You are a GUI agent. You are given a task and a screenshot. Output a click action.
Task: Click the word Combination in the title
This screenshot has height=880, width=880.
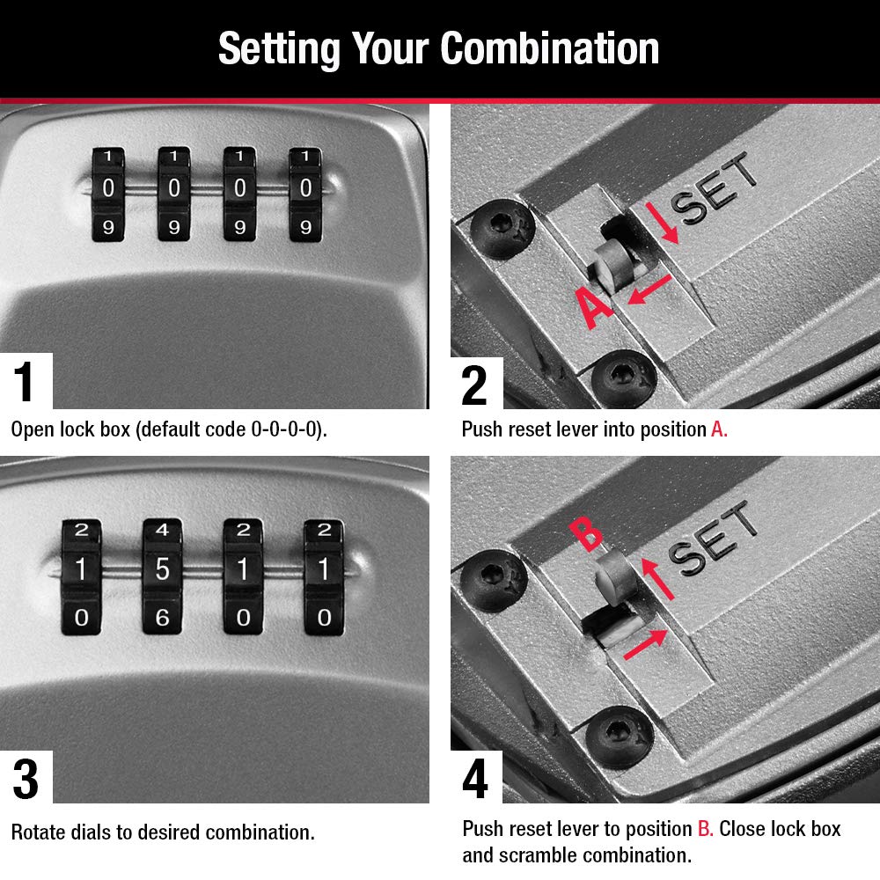point(549,48)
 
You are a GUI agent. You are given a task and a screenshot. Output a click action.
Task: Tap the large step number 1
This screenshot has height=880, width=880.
point(24,381)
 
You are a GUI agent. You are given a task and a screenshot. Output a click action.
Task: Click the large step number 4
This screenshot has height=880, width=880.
point(475,779)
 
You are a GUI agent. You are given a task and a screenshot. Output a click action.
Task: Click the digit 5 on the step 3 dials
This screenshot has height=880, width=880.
point(162,569)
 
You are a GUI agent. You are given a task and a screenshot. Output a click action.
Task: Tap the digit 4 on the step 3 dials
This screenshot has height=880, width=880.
point(162,529)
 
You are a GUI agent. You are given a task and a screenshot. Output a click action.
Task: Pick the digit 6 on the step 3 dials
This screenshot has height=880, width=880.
point(162,618)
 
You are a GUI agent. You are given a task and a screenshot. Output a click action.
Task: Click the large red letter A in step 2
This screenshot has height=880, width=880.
point(594,307)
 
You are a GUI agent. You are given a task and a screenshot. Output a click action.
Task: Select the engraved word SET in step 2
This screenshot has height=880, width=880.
point(715,188)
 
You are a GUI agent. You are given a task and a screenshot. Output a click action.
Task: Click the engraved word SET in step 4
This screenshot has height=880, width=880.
point(713,538)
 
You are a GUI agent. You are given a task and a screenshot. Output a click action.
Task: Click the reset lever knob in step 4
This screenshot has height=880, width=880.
point(615,576)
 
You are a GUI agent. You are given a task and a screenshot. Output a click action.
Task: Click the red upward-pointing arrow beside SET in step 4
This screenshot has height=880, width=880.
point(657,579)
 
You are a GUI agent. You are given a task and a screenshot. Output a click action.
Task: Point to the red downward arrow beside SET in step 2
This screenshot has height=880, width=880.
point(663,224)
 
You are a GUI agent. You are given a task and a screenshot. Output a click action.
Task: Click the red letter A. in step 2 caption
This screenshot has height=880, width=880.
point(719,429)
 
